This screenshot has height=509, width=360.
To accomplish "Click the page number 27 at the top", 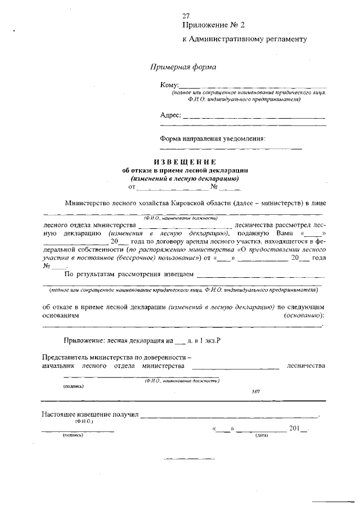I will pyautogui.click(x=186, y=16).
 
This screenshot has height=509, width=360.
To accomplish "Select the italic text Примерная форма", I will pyautogui.click(x=183, y=67).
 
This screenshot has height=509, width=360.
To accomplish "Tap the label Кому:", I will pyautogui.click(x=169, y=85).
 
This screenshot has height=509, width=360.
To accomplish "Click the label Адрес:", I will pyautogui.click(x=170, y=115).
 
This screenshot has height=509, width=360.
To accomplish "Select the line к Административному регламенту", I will pyautogui.click(x=245, y=39).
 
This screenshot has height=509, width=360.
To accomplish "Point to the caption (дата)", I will pyautogui.click(x=262, y=435).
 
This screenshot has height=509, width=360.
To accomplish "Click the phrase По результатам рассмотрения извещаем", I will pyautogui.click(x=129, y=274).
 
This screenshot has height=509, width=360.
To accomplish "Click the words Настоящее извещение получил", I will pyautogui.click(x=90, y=415).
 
